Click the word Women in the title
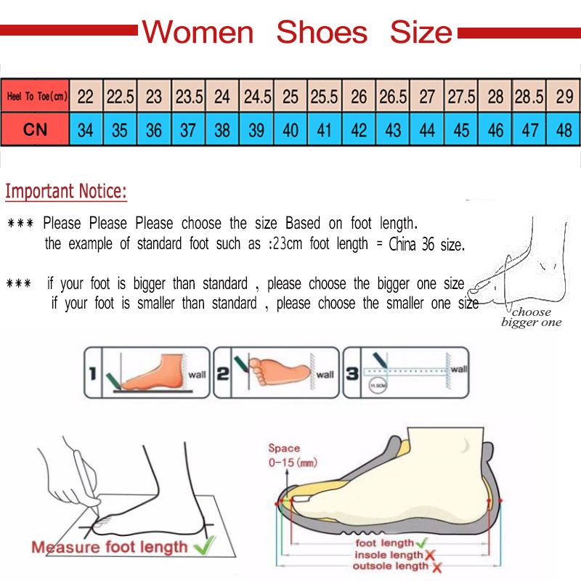pos(198,33)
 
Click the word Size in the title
pos(420,33)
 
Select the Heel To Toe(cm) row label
pos(36,96)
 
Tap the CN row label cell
pos(36,130)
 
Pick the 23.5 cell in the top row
pos(189,96)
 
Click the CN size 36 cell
pos(154,130)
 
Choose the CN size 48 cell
pos(564,130)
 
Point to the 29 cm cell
pos(564,96)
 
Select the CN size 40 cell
pos(290,130)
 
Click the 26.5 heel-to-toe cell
pos(393,96)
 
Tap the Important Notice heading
pos(66,192)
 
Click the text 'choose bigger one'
pos(532,317)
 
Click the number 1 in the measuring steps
pos(92,375)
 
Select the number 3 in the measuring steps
pos(352,375)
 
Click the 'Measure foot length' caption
pos(109,547)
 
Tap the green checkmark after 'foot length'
pos(420,542)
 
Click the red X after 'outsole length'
pos(436,566)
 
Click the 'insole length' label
pos(388,555)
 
